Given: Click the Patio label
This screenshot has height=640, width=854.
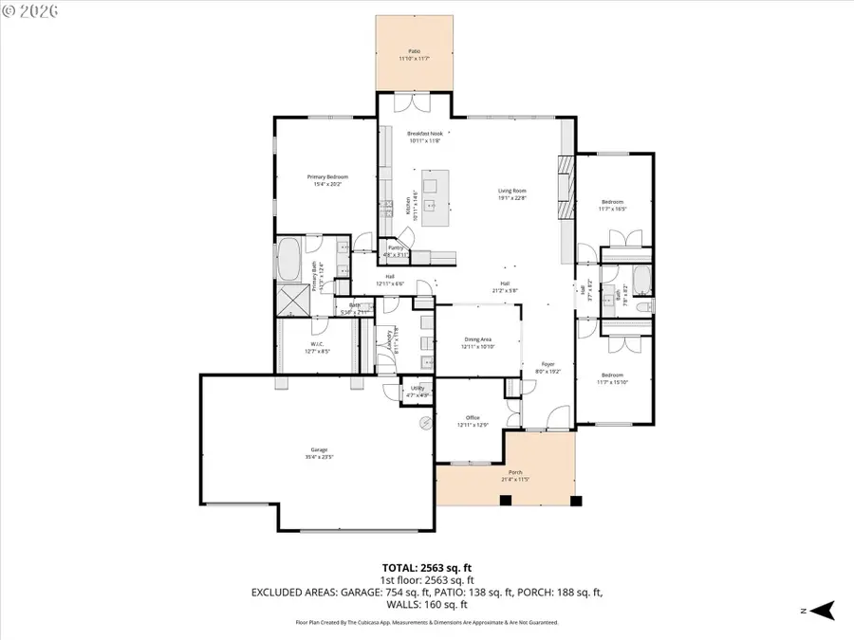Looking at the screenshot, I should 415,52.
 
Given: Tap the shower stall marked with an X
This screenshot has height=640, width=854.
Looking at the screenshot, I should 288,302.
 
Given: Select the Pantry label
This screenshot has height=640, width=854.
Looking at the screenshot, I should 396,247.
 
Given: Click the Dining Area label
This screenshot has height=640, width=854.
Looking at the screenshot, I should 477,338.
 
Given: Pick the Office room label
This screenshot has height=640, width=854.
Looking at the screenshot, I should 472,417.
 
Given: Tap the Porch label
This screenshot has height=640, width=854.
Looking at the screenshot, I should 515,472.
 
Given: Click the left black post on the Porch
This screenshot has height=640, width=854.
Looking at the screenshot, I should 438,502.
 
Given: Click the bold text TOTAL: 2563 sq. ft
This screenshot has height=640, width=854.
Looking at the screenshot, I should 426,567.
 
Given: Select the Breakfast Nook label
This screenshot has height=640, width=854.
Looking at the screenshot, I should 425,134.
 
